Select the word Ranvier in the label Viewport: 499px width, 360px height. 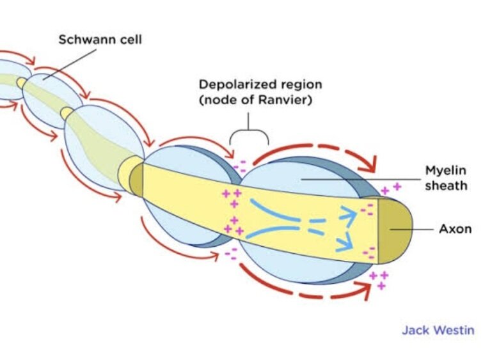click(x=283, y=100)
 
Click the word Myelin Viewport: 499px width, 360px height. click(x=445, y=171)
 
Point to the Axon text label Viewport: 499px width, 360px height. click(x=455, y=229)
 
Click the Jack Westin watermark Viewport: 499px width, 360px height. click(x=438, y=330)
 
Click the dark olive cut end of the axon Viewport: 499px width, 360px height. click(x=395, y=231)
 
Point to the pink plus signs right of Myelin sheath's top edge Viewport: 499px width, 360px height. click(x=391, y=189)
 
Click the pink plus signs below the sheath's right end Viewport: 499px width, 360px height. click(x=379, y=280)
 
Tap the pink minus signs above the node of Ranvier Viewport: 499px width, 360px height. click(x=240, y=167)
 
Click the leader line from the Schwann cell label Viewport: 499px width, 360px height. click(x=70, y=64)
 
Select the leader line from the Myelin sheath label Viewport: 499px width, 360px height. click(x=361, y=180)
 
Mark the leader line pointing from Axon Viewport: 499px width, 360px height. click(x=411, y=229)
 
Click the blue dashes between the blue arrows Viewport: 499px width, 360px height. click(x=316, y=226)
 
